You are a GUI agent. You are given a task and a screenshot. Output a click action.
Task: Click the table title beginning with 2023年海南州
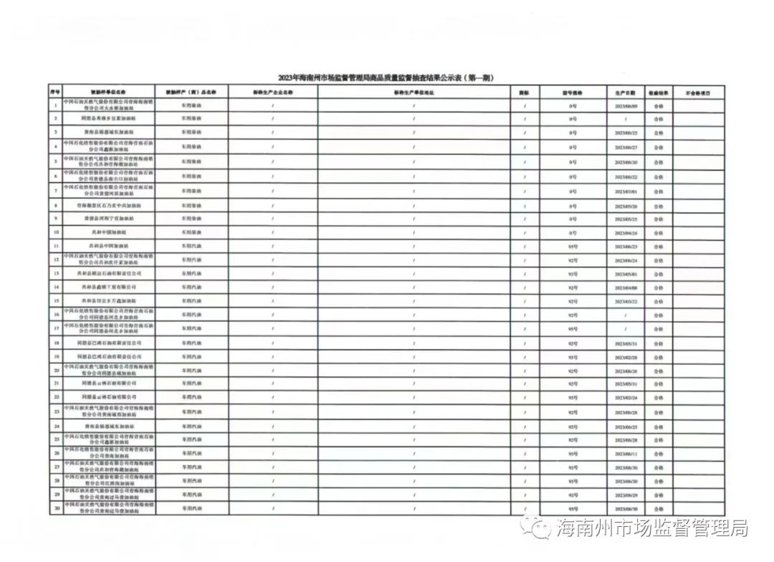[386, 77]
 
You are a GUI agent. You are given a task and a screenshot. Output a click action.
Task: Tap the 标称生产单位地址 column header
[414, 92]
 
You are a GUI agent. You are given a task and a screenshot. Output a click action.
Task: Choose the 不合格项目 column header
[697, 92]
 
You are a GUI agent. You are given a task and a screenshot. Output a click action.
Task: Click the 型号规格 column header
[572, 92]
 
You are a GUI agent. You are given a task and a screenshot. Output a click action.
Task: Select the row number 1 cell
[55, 105]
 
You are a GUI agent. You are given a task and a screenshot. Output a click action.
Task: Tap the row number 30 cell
[55, 509]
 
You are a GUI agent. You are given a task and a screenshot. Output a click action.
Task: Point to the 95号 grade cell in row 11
[572, 246]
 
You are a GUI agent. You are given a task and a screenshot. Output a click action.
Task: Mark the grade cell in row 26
[572, 454]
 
